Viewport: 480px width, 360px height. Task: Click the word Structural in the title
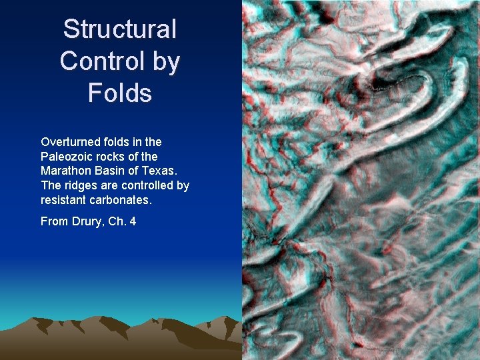pos(120,29)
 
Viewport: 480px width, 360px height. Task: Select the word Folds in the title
pos(120,93)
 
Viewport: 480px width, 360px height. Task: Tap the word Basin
pos(108,171)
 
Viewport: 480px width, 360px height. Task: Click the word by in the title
pos(165,61)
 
